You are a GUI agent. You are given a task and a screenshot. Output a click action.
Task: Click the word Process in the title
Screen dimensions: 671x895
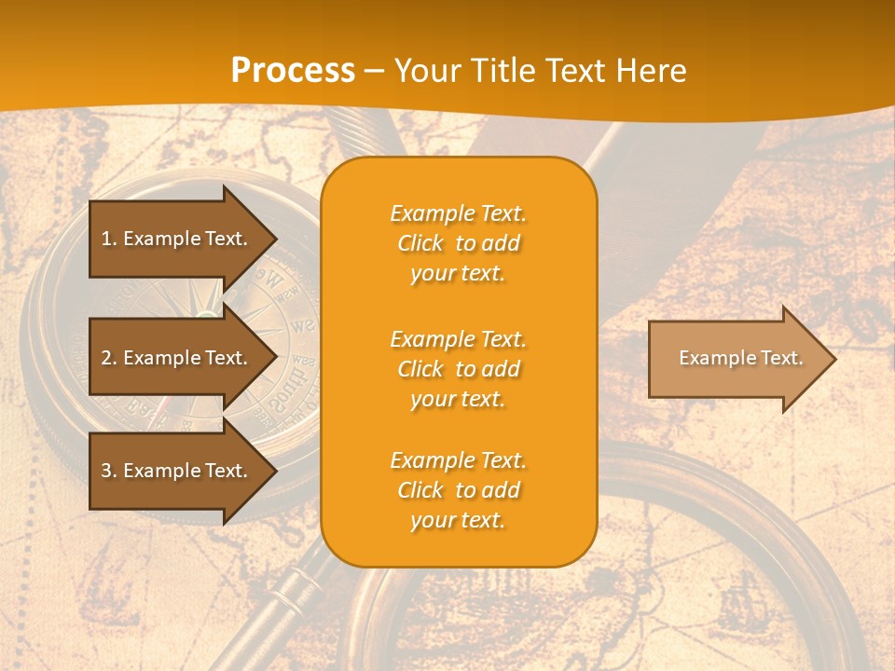tap(293, 71)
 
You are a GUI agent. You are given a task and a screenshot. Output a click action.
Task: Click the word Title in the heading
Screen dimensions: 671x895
tap(497, 71)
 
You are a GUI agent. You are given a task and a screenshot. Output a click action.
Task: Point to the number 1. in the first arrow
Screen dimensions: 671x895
tap(109, 239)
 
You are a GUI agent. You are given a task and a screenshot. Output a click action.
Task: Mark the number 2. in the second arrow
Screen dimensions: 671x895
tap(109, 358)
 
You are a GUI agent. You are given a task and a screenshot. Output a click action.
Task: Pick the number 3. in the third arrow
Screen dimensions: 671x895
tap(109, 471)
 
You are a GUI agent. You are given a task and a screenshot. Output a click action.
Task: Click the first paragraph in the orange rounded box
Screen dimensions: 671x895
tap(458, 243)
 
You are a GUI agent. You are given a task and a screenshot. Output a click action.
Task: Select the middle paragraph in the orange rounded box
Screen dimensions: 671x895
tap(458, 369)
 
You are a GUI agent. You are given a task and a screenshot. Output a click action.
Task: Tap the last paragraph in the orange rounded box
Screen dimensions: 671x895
tap(458, 490)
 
